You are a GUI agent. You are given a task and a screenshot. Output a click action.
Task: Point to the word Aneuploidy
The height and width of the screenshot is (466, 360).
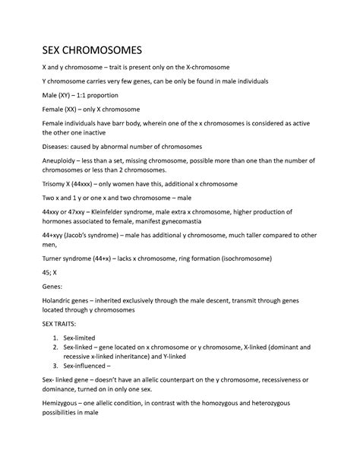[62, 160]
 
